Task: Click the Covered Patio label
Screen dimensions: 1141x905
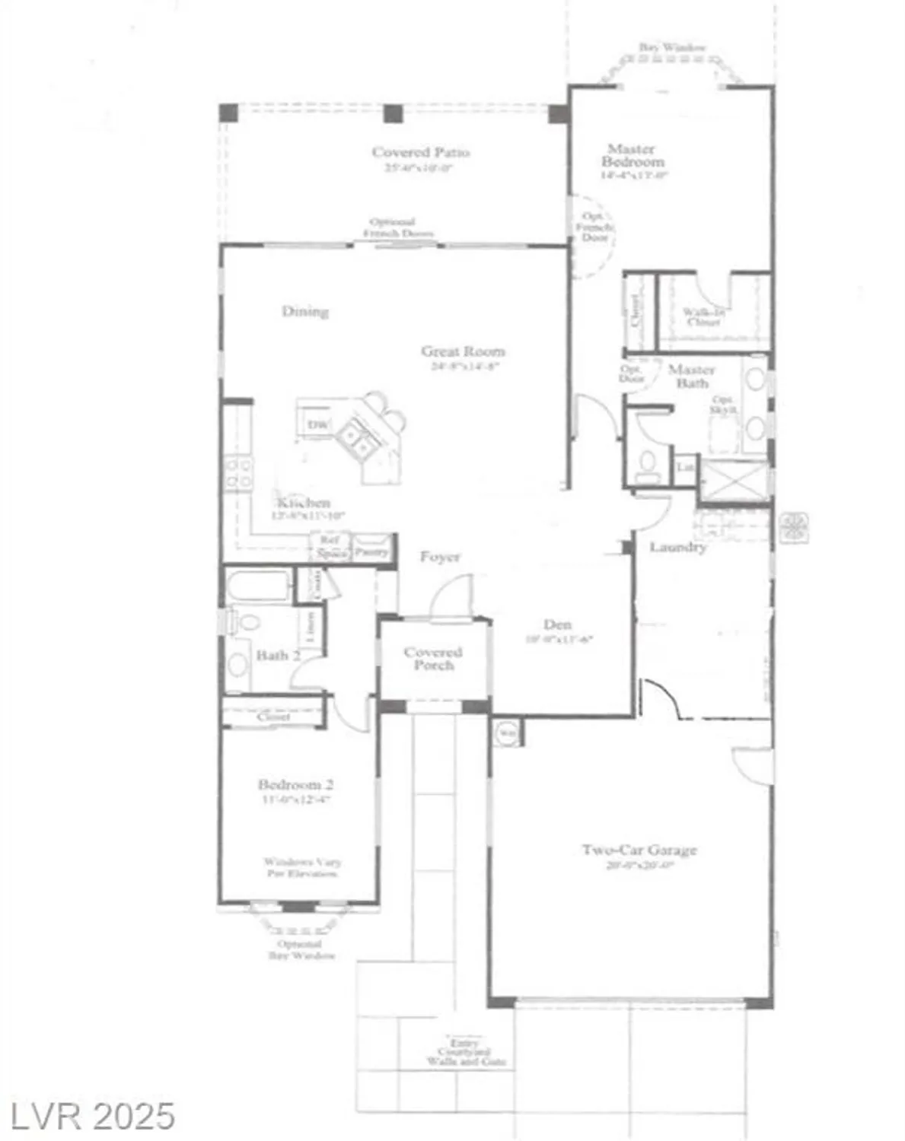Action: click(x=420, y=153)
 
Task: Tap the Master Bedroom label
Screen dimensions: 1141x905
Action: click(x=632, y=155)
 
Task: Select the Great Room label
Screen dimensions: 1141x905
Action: click(x=463, y=351)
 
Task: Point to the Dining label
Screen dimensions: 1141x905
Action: click(x=305, y=311)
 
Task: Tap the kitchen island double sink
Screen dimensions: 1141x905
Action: click(x=355, y=439)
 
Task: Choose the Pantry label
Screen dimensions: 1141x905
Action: click(x=371, y=551)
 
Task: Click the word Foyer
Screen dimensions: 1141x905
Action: click(x=440, y=558)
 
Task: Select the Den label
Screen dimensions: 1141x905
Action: click(x=557, y=625)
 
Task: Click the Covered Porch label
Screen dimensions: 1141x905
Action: click(x=432, y=658)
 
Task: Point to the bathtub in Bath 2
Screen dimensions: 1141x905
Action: click(x=258, y=587)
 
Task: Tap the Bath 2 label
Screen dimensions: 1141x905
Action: click(x=278, y=655)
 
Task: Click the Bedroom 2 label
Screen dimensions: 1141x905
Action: click(x=295, y=785)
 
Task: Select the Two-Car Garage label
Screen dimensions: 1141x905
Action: click(x=639, y=850)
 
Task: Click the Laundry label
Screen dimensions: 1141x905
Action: click(x=677, y=547)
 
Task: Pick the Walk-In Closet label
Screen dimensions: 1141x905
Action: click(x=701, y=316)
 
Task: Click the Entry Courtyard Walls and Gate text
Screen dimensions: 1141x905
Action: click(x=466, y=1053)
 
